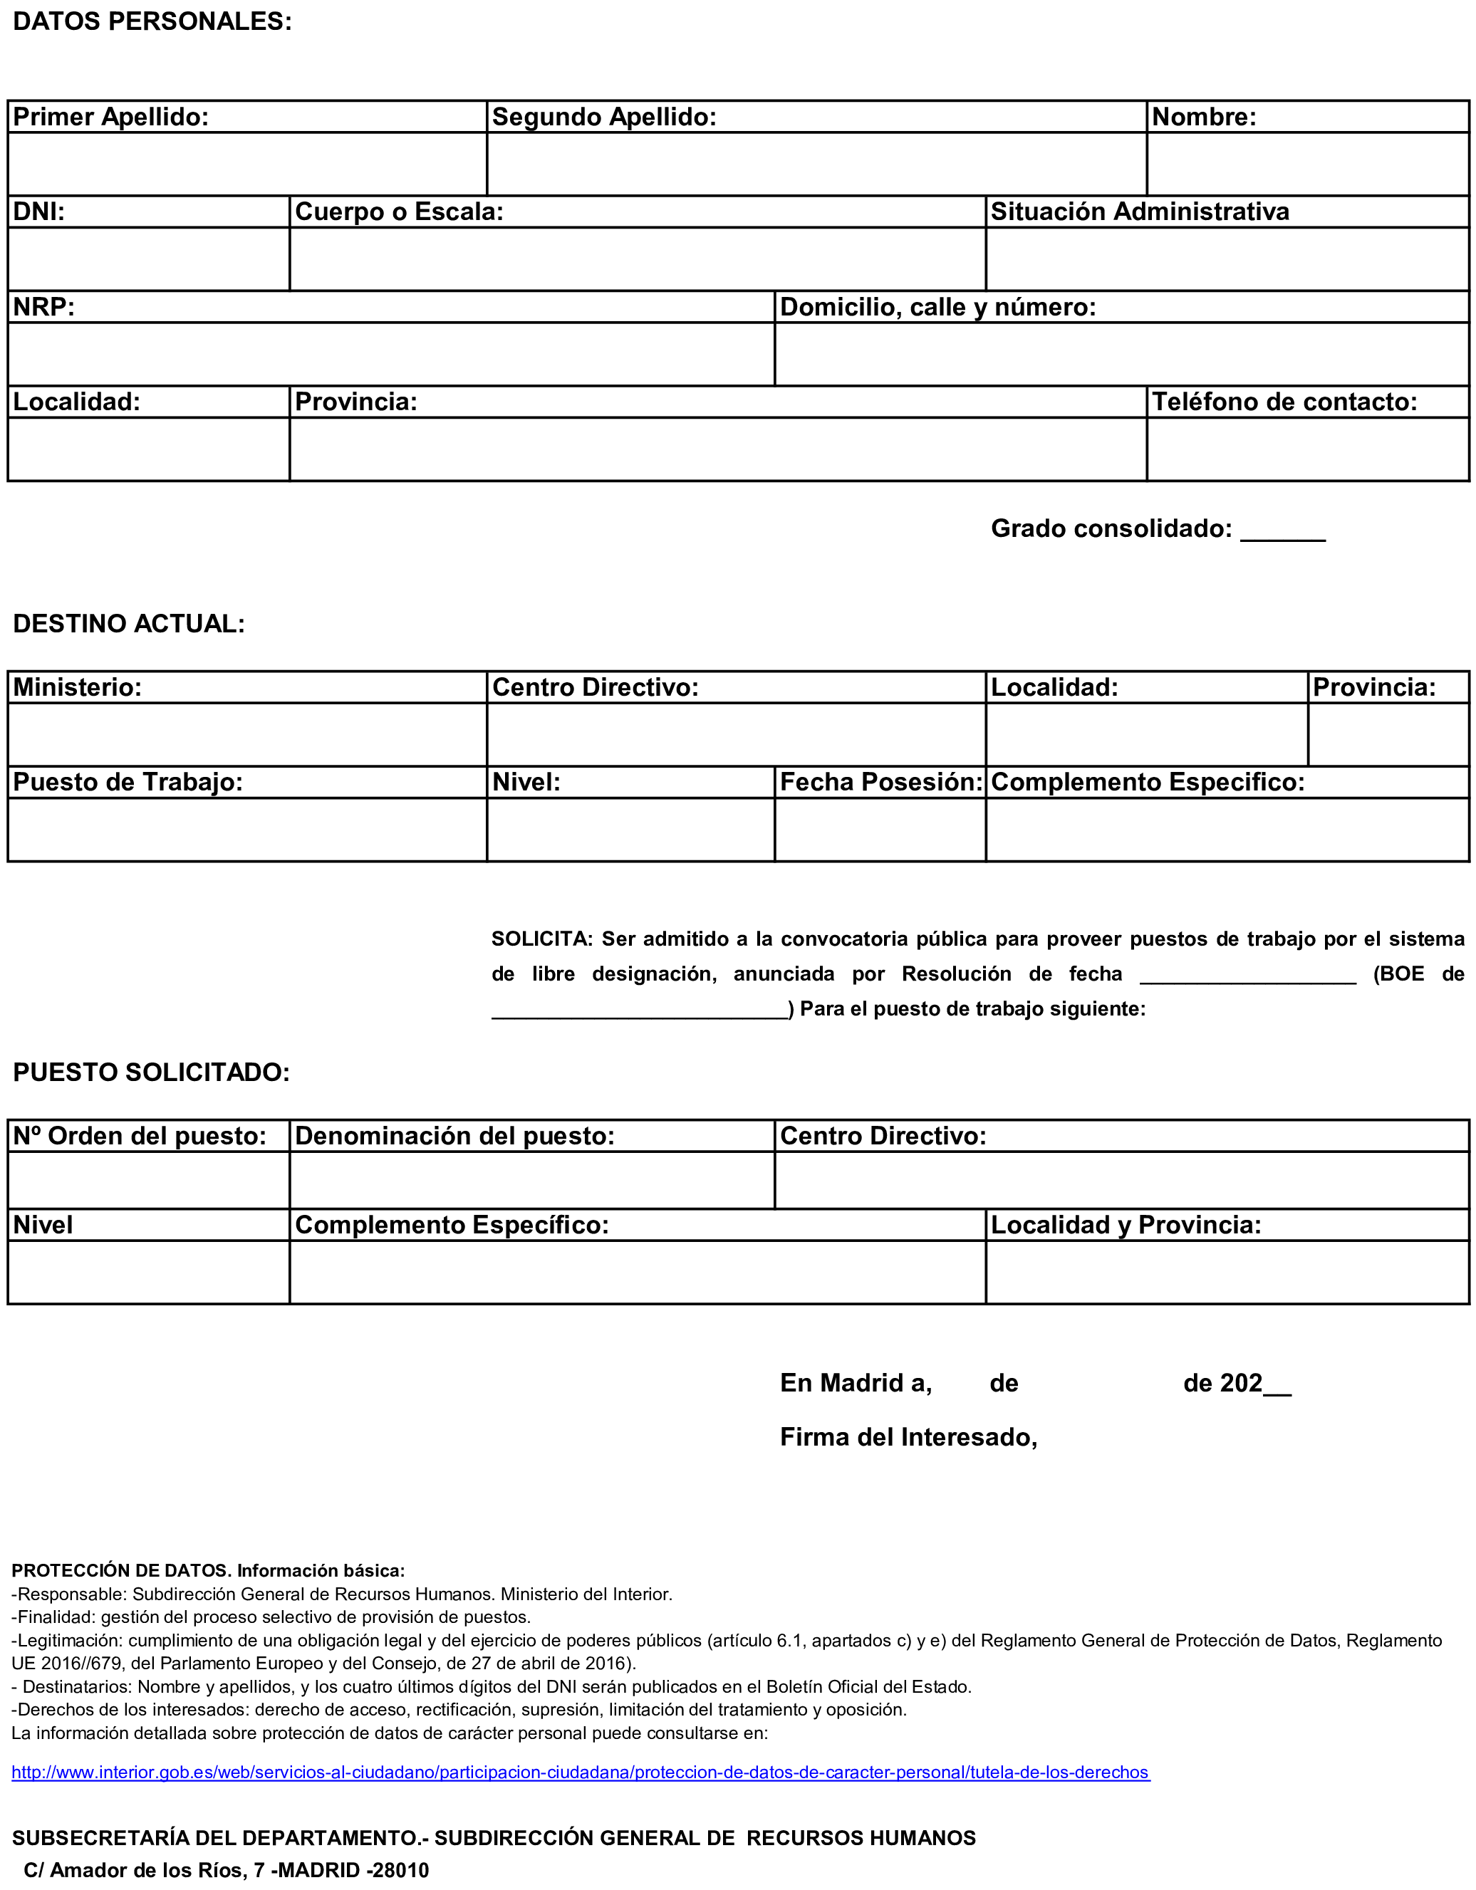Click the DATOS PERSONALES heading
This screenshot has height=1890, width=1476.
click(152, 21)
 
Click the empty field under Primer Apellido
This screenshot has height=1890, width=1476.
click(246, 164)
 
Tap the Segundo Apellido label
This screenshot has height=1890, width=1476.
click(603, 117)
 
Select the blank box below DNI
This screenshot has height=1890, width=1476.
click(148, 259)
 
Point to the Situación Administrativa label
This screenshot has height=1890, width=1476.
click(1139, 212)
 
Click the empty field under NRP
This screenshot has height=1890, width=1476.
click(390, 354)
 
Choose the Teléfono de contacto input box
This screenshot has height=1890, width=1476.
click(1307, 449)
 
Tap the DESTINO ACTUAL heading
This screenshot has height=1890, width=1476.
click(129, 624)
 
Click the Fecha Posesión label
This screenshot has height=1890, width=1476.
click(880, 783)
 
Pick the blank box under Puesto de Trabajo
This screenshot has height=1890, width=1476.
click(246, 829)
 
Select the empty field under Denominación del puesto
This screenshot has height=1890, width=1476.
click(531, 1181)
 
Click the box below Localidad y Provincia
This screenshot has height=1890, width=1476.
click(1227, 1272)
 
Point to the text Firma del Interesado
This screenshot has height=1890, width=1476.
click(908, 1437)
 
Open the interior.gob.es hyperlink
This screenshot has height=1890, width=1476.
click(580, 1772)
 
